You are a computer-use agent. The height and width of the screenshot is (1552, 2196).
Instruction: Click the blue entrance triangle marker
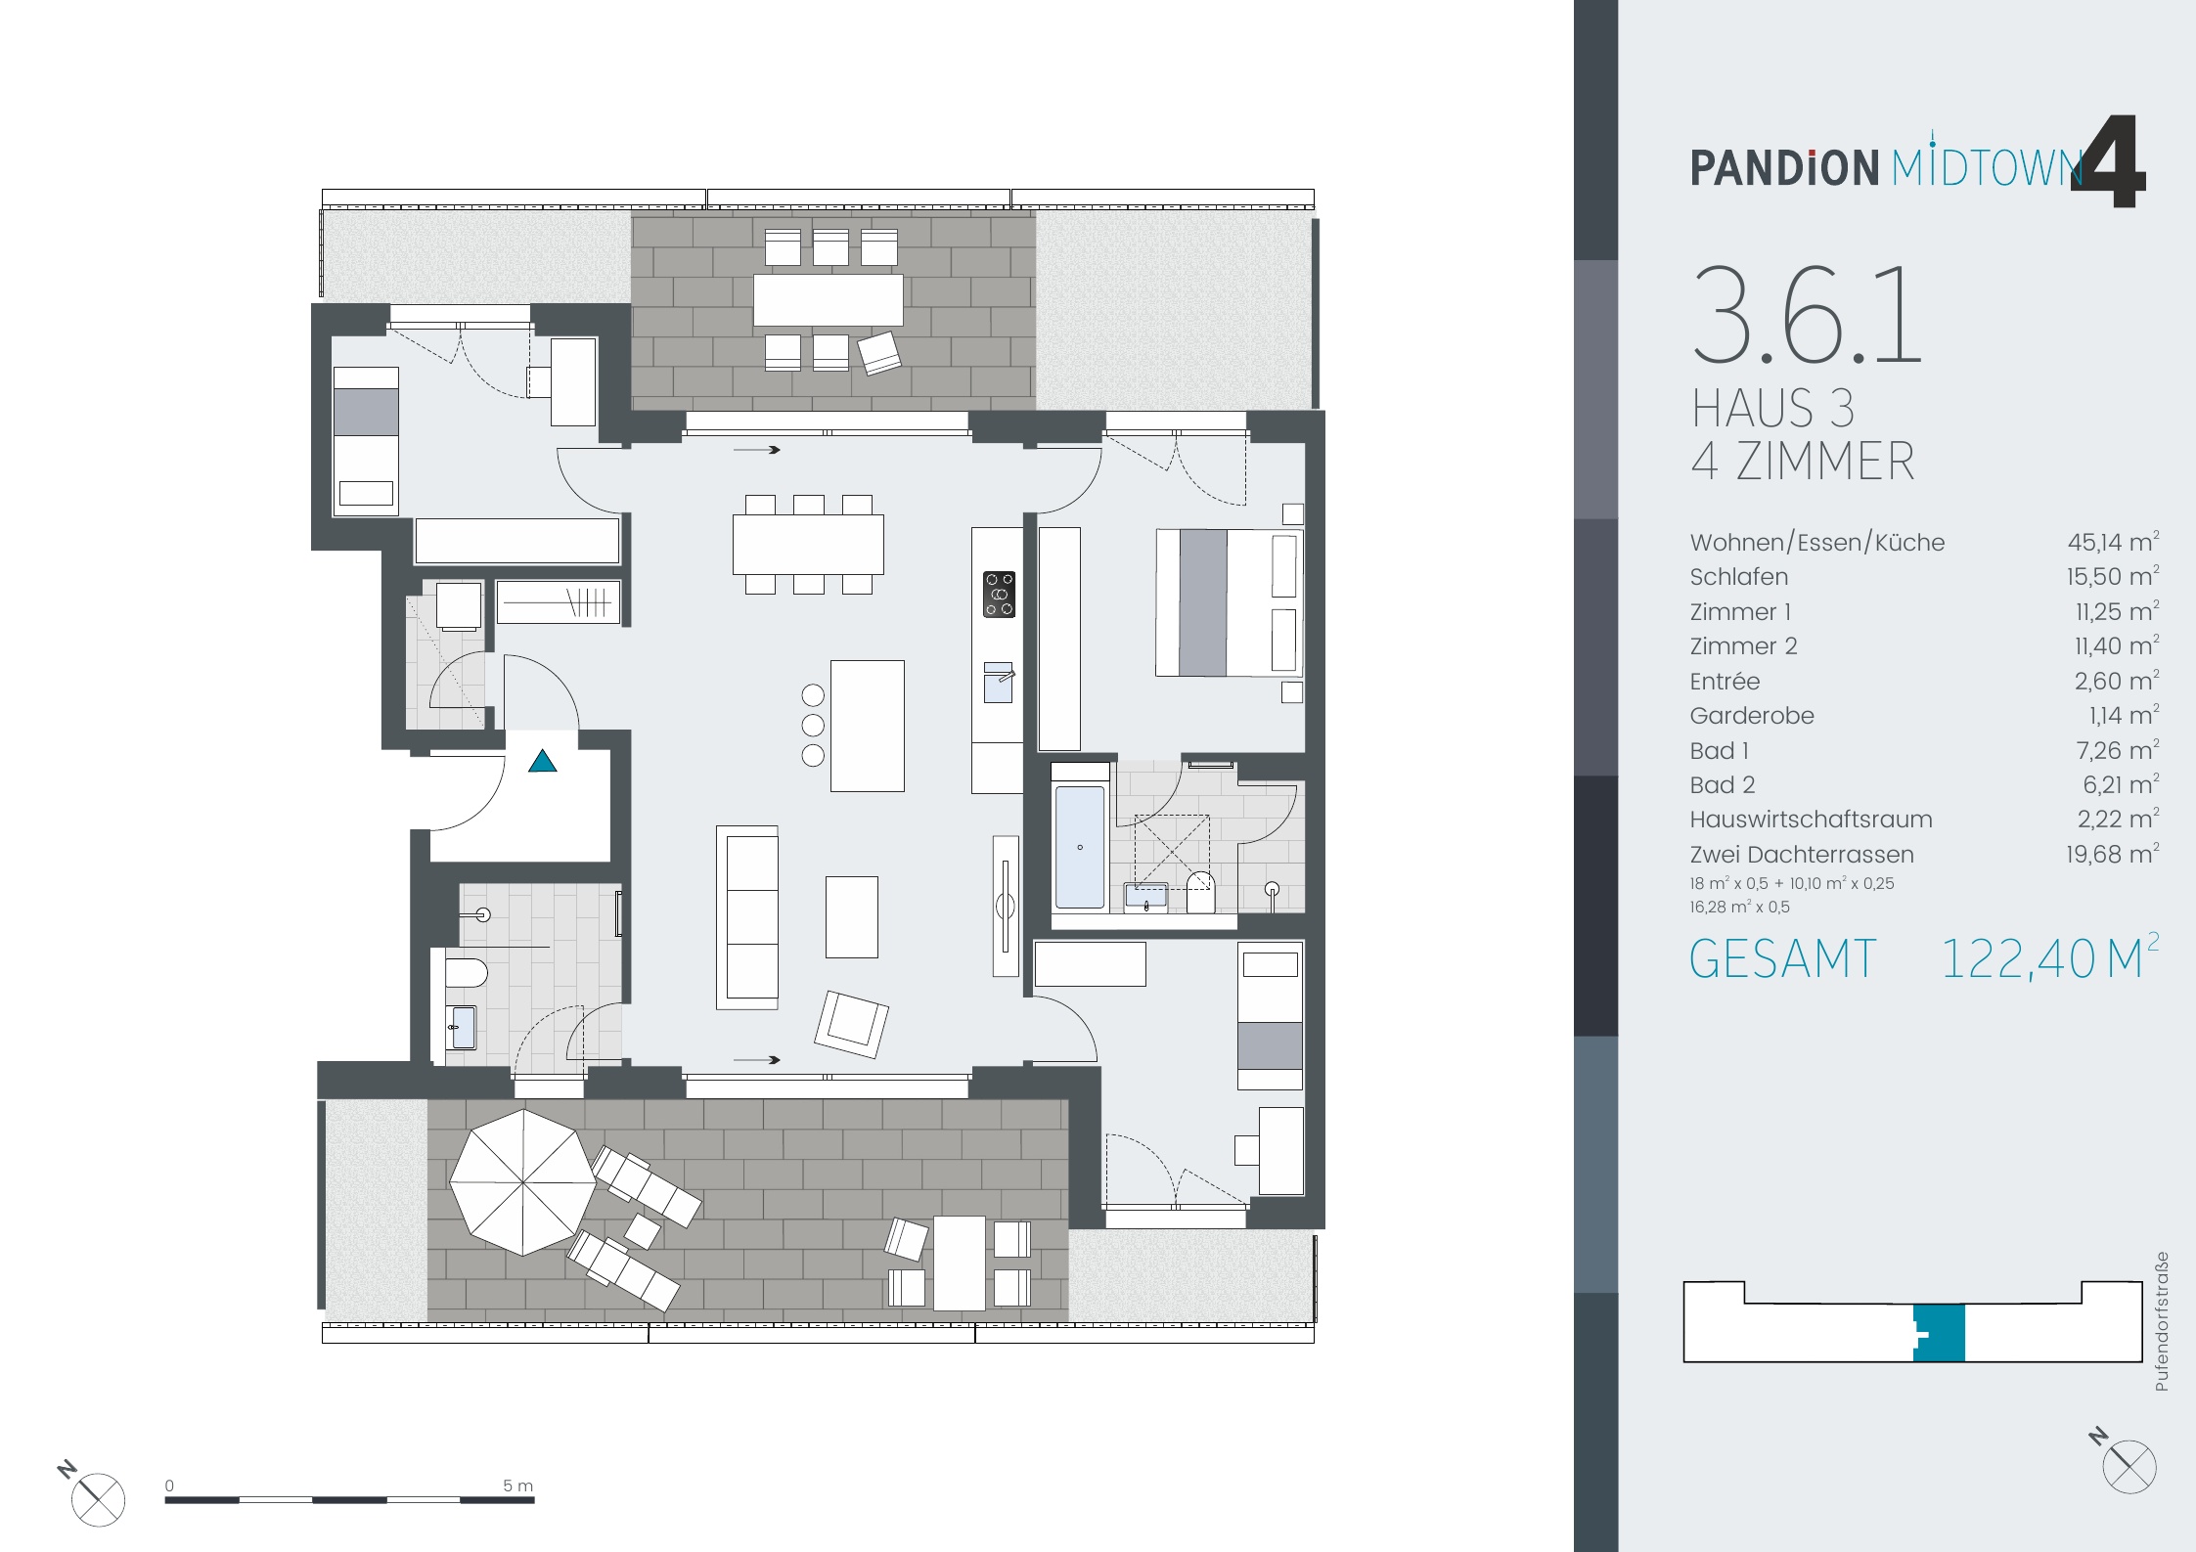[x=543, y=761]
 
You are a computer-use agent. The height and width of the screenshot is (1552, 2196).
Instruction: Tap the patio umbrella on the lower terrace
[x=523, y=1182]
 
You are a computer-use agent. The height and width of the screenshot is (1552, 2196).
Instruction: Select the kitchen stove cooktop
[x=999, y=595]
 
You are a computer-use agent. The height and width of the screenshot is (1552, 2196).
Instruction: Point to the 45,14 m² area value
[x=2112, y=543]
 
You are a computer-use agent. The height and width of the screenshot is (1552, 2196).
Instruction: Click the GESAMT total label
[x=1782, y=959]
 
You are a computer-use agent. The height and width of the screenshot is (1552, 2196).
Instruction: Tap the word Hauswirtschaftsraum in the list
[x=1811, y=820]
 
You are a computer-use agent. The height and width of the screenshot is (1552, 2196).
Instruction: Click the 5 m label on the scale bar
[x=517, y=1485]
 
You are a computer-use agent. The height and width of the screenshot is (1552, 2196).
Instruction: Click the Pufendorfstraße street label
[x=2161, y=1321]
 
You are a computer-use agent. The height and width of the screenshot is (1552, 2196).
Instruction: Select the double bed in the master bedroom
[x=1229, y=602]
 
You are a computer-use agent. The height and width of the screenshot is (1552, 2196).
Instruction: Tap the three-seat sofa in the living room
[x=748, y=917]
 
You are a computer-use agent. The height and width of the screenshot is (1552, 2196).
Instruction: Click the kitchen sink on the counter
[x=998, y=683]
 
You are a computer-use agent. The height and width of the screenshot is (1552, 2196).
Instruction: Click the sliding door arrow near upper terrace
[x=757, y=450]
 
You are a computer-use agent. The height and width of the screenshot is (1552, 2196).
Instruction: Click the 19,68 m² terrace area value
[x=2111, y=855]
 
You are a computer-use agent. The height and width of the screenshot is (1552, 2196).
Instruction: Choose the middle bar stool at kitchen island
[x=813, y=725]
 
